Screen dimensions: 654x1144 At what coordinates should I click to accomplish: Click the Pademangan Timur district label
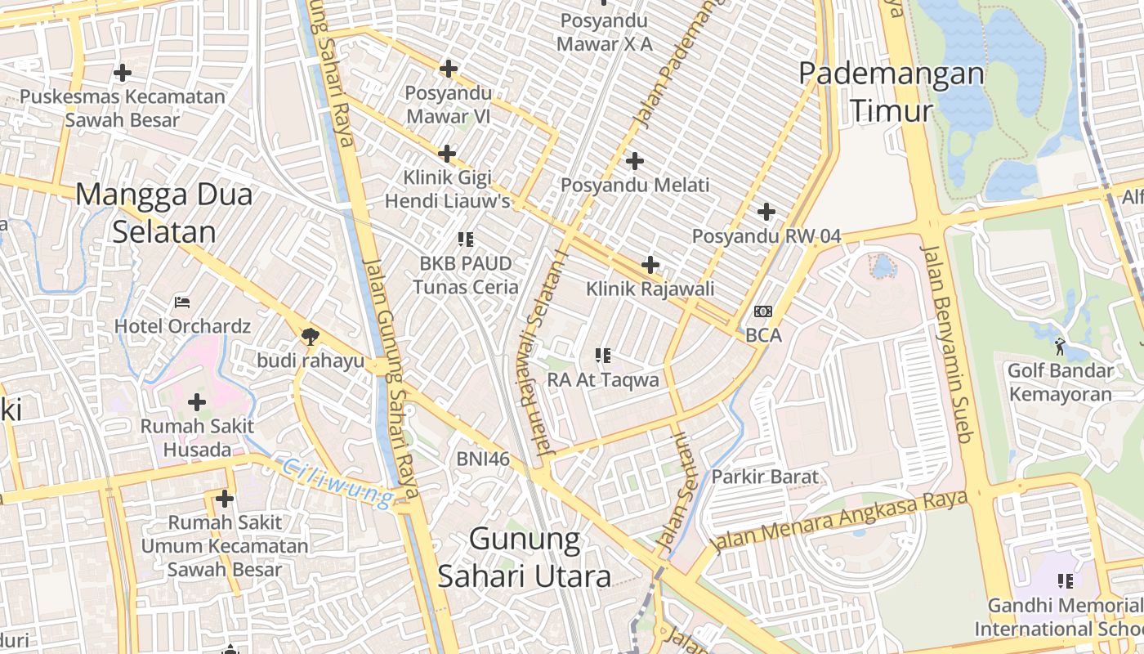pyautogui.click(x=891, y=91)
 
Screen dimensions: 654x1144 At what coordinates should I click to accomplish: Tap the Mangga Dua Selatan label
pyautogui.click(x=164, y=213)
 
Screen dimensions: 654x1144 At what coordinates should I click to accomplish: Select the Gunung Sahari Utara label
pyautogui.click(x=525, y=558)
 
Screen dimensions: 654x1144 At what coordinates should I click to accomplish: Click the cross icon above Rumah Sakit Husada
pyautogui.click(x=197, y=402)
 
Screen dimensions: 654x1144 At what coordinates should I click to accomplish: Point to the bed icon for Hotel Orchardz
pyautogui.click(x=182, y=302)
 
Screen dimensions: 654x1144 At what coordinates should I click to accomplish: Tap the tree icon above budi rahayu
pyautogui.click(x=310, y=335)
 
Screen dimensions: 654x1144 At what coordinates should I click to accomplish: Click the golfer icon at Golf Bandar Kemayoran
pyautogui.click(x=1061, y=347)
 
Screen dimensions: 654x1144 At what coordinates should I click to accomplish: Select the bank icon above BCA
pyautogui.click(x=763, y=311)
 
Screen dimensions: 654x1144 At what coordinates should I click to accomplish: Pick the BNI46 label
pyautogui.click(x=483, y=459)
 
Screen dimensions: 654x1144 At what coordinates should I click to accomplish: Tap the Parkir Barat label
pyautogui.click(x=765, y=476)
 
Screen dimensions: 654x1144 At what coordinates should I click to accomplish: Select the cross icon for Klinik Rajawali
pyautogui.click(x=650, y=265)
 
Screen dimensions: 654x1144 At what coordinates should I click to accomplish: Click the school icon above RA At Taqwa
pyautogui.click(x=603, y=356)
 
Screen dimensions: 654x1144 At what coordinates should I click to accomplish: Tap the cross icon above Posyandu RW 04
pyautogui.click(x=766, y=213)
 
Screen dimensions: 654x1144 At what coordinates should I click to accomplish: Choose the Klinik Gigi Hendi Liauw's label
pyautogui.click(x=448, y=189)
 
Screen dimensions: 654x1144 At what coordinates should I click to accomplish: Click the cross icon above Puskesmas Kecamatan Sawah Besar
pyautogui.click(x=123, y=73)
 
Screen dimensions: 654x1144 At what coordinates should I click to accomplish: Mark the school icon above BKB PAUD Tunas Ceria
pyautogui.click(x=466, y=240)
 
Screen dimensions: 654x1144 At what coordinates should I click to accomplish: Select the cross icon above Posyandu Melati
pyautogui.click(x=635, y=161)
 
